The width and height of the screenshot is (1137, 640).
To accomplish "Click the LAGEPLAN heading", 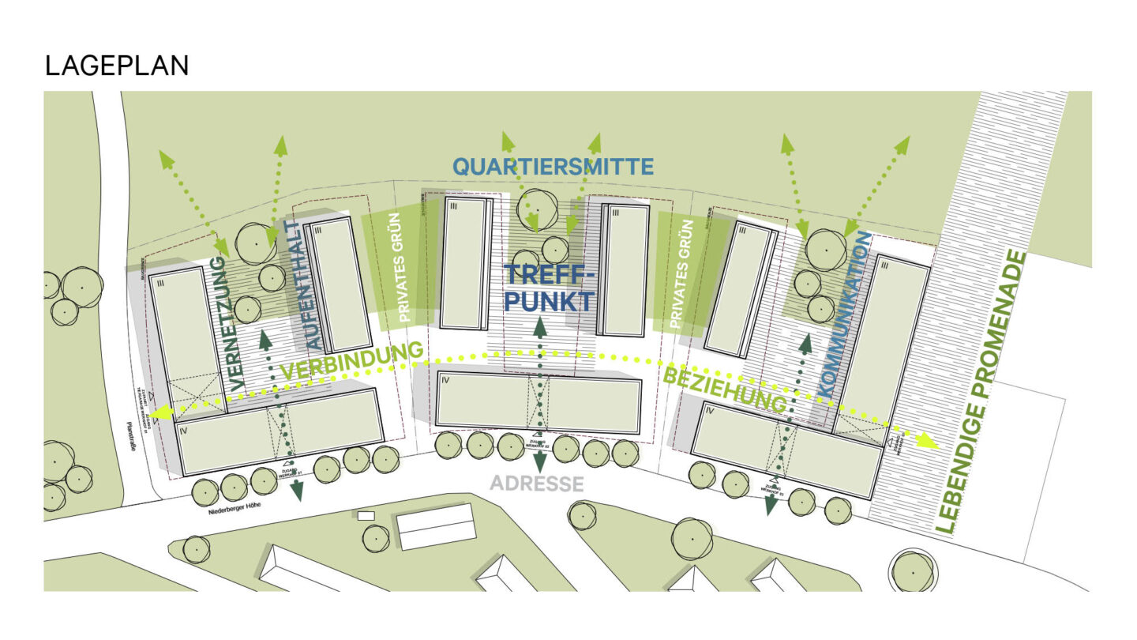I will [117, 66].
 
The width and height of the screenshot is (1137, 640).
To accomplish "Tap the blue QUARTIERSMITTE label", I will [553, 167].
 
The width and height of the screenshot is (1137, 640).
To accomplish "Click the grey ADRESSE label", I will [537, 484].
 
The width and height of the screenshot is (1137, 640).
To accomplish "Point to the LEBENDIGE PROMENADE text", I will [981, 391].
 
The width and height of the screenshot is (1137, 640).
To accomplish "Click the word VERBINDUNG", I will [351, 362].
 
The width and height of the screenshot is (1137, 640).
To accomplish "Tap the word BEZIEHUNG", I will [725, 390].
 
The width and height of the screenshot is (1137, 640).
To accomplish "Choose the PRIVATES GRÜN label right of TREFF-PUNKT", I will [675, 274].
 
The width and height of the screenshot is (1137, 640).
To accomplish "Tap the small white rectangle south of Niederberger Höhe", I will [366, 515].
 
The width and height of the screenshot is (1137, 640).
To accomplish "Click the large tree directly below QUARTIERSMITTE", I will [537, 208].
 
